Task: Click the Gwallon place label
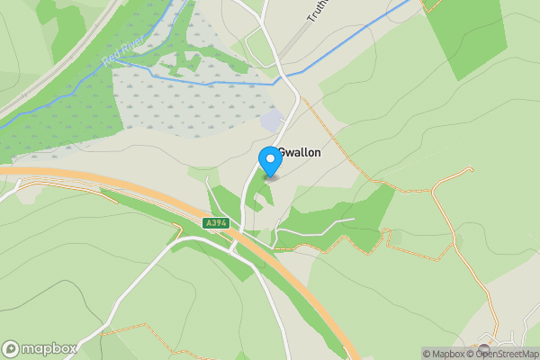(301, 153)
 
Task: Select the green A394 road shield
(216, 222)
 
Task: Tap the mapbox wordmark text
(49, 348)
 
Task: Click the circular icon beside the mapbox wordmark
(12, 348)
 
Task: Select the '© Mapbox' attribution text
(443, 354)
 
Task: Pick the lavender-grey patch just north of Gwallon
(271, 121)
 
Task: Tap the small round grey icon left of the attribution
(484, 348)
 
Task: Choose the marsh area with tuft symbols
(171, 108)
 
